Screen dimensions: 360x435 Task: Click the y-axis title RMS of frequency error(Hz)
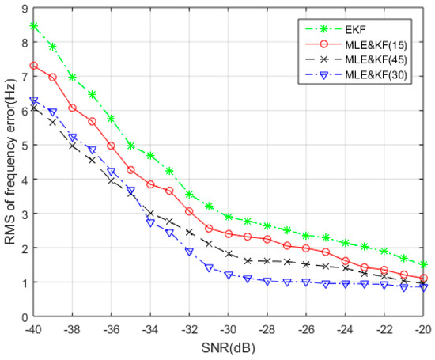click(x=10, y=162)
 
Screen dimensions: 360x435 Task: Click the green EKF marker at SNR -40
click(x=33, y=25)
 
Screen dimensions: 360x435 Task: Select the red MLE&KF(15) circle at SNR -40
click(x=33, y=66)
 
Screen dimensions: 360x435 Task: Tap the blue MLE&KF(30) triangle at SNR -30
click(x=229, y=275)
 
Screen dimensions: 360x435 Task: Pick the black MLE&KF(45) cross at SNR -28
click(x=267, y=261)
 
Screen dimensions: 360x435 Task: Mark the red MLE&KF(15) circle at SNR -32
click(x=189, y=212)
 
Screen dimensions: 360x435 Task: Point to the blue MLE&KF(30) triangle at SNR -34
click(x=150, y=223)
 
